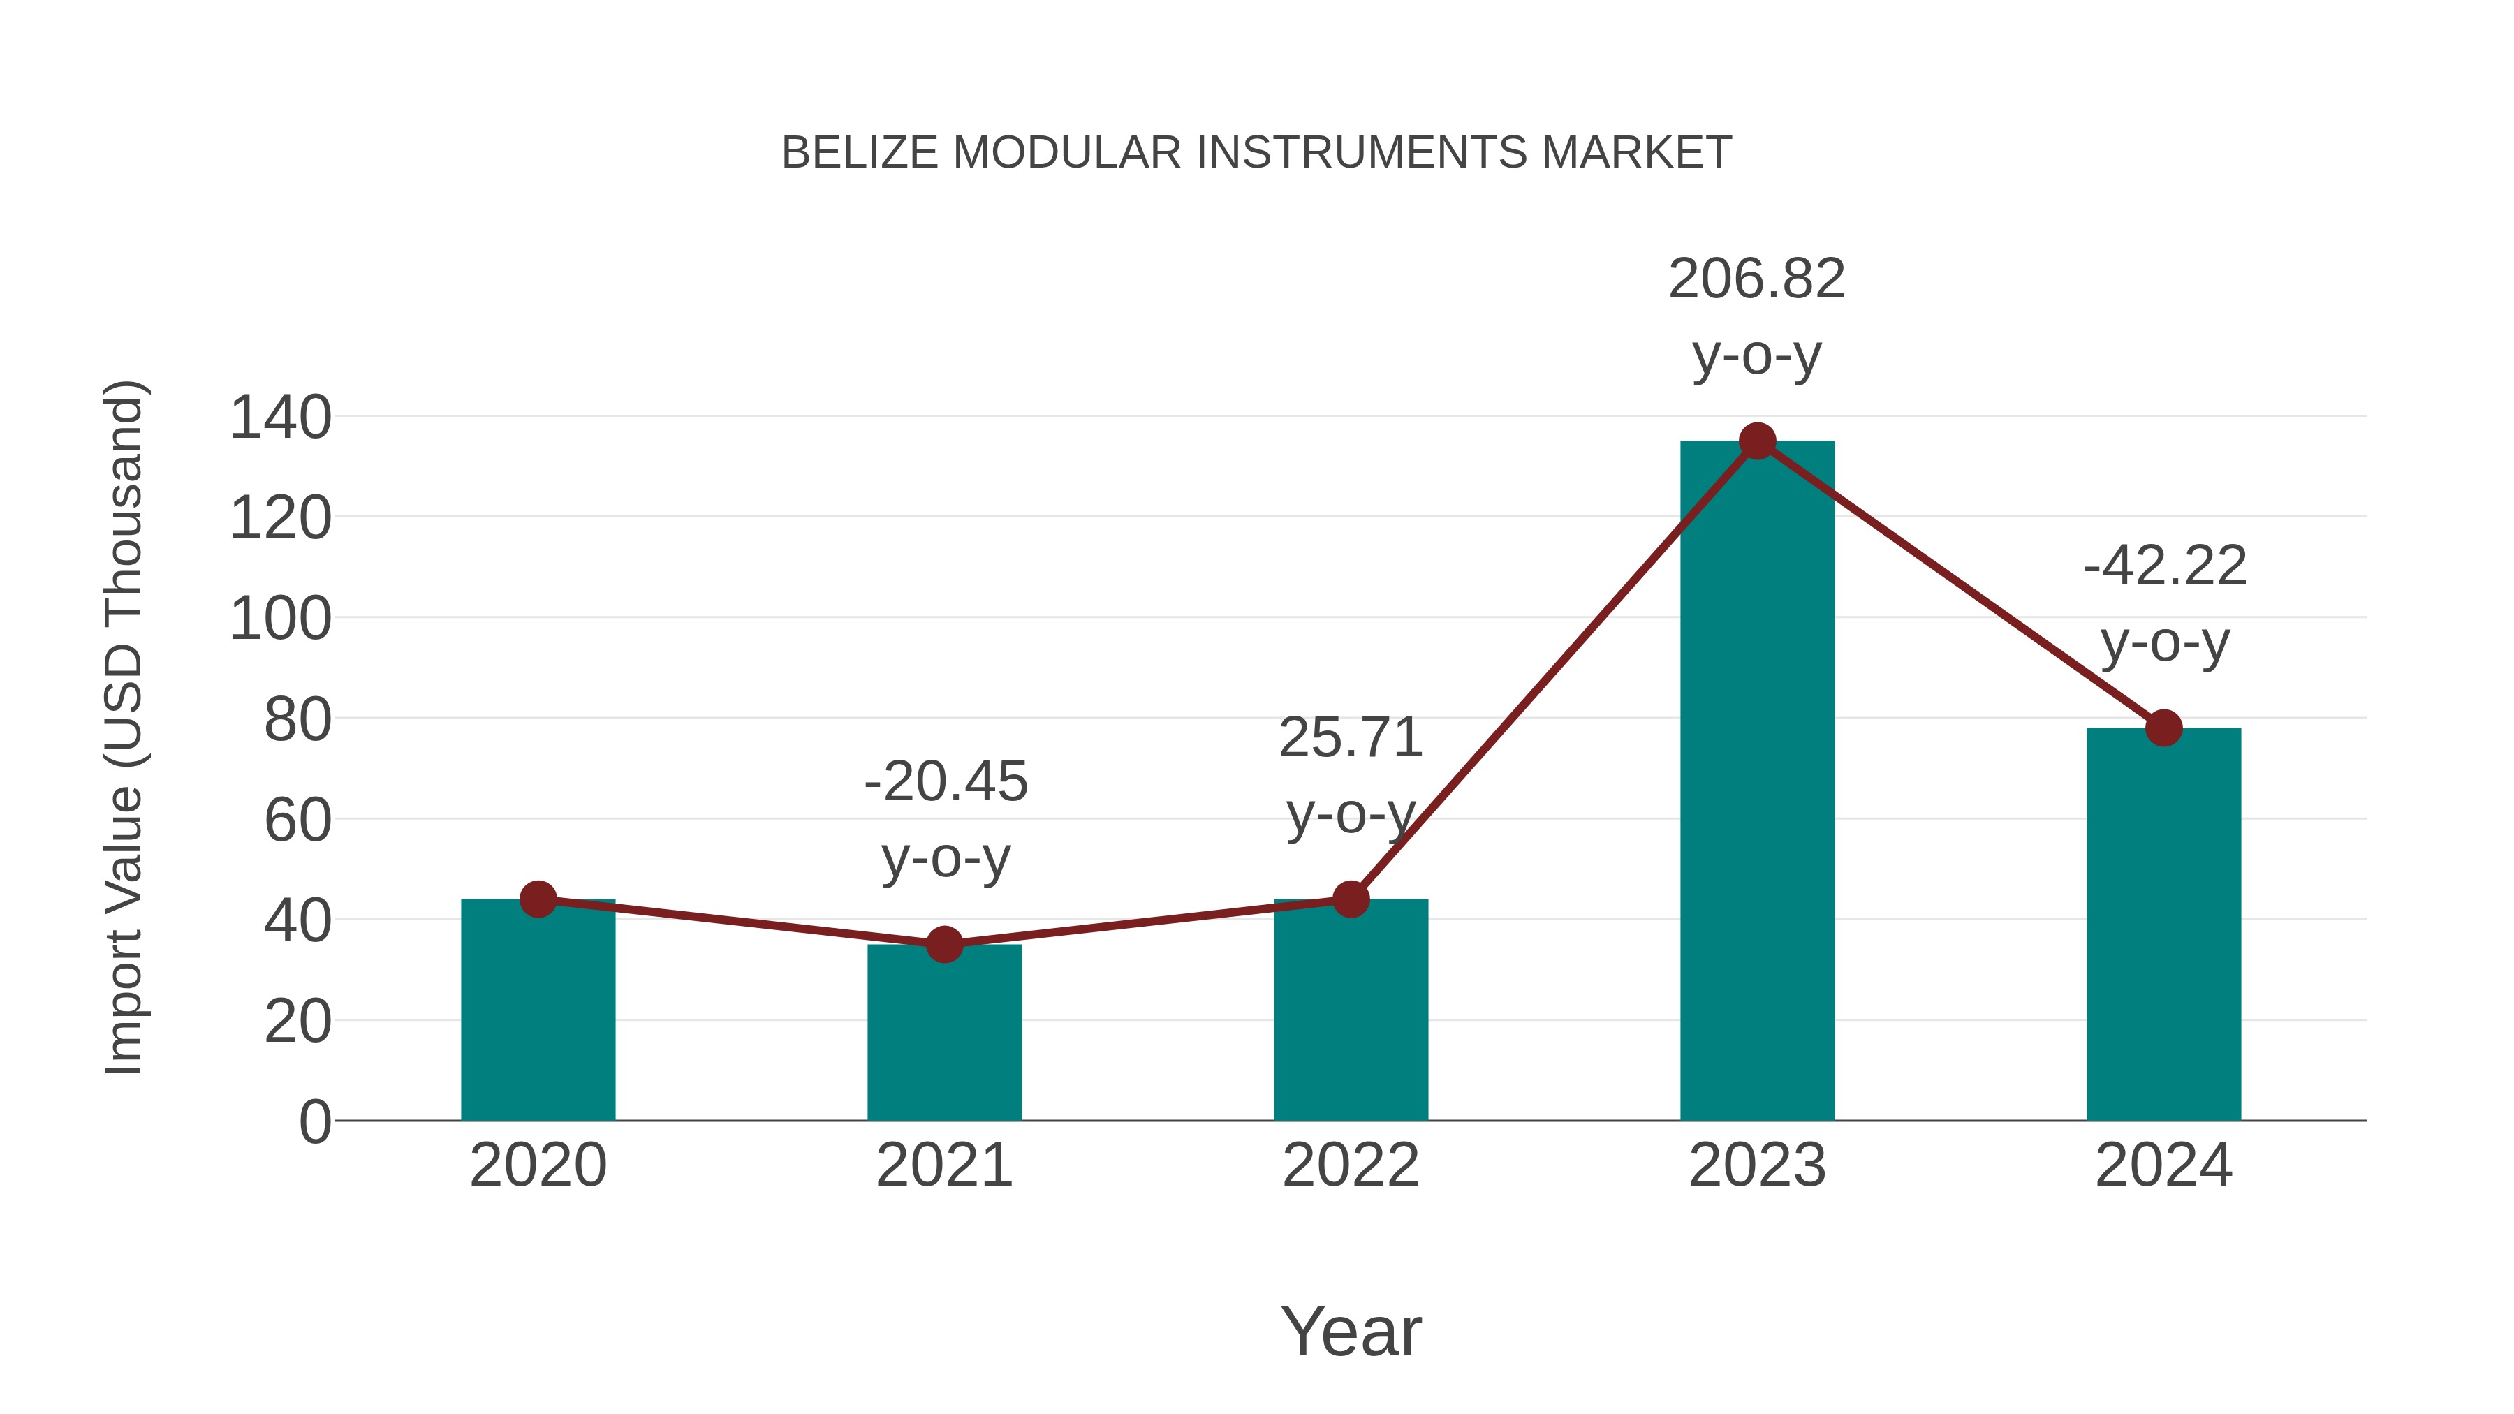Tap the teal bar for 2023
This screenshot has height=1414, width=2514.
[x=1757, y=781]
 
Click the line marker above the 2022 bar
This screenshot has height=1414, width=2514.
[x=1351, y=899]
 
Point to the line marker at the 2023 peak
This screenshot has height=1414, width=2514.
[x=1757, y=441]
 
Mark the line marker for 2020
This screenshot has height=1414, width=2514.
[x=538, y=899]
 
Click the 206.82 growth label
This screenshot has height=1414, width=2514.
[x=1757, y=279]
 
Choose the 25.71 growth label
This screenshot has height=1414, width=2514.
[x=1351, y=738]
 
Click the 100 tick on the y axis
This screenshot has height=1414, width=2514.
[x=280, y=619]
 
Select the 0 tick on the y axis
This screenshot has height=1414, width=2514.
[x=314, y=1121]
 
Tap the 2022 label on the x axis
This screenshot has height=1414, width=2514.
[x=1351, y=1165]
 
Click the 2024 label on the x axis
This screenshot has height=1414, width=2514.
[x=2163, y=1165]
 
